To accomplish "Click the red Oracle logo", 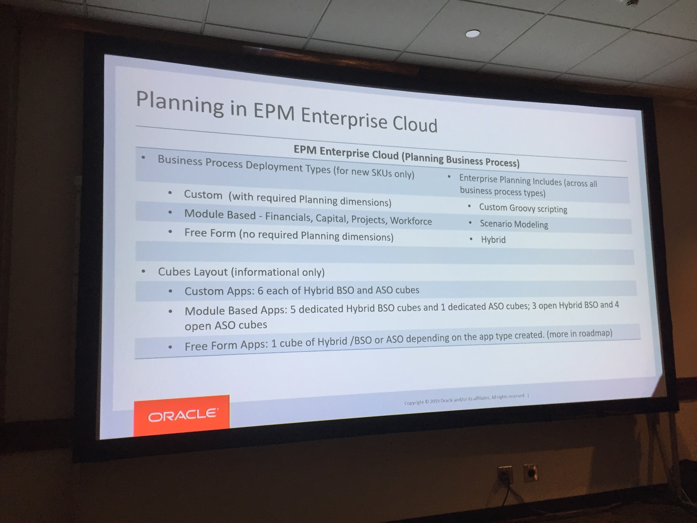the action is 181,416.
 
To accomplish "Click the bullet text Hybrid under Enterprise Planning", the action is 493,240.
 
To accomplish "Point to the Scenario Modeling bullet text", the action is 514,224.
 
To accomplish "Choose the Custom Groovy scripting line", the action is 523,208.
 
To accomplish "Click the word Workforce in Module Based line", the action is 411,221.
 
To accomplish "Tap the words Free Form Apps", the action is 227,346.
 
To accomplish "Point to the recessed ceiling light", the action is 472,33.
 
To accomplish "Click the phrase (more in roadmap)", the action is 580,333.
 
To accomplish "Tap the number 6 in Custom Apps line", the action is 260,291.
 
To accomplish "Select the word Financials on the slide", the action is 289,217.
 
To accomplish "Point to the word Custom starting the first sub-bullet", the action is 203,194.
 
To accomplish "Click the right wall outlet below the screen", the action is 530,473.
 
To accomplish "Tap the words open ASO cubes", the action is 226,326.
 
